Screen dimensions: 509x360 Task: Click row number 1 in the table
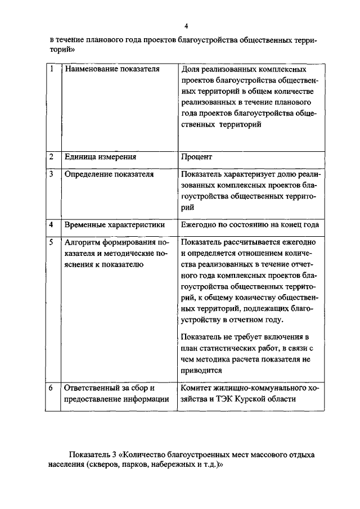point(51,70)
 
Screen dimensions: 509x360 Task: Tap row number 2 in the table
point(51,157)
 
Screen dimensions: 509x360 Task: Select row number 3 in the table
point(51,174)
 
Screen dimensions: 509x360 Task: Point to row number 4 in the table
point(51,224)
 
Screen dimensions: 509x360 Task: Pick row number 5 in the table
point(51,242)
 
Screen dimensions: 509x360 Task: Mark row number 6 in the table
point(51,388)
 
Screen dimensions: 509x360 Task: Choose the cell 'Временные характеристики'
point(115,224)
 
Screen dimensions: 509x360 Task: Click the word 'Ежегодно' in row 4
point(200,224)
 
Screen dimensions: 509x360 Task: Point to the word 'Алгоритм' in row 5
point(84,242)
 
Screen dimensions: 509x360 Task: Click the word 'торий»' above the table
point(61,49)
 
